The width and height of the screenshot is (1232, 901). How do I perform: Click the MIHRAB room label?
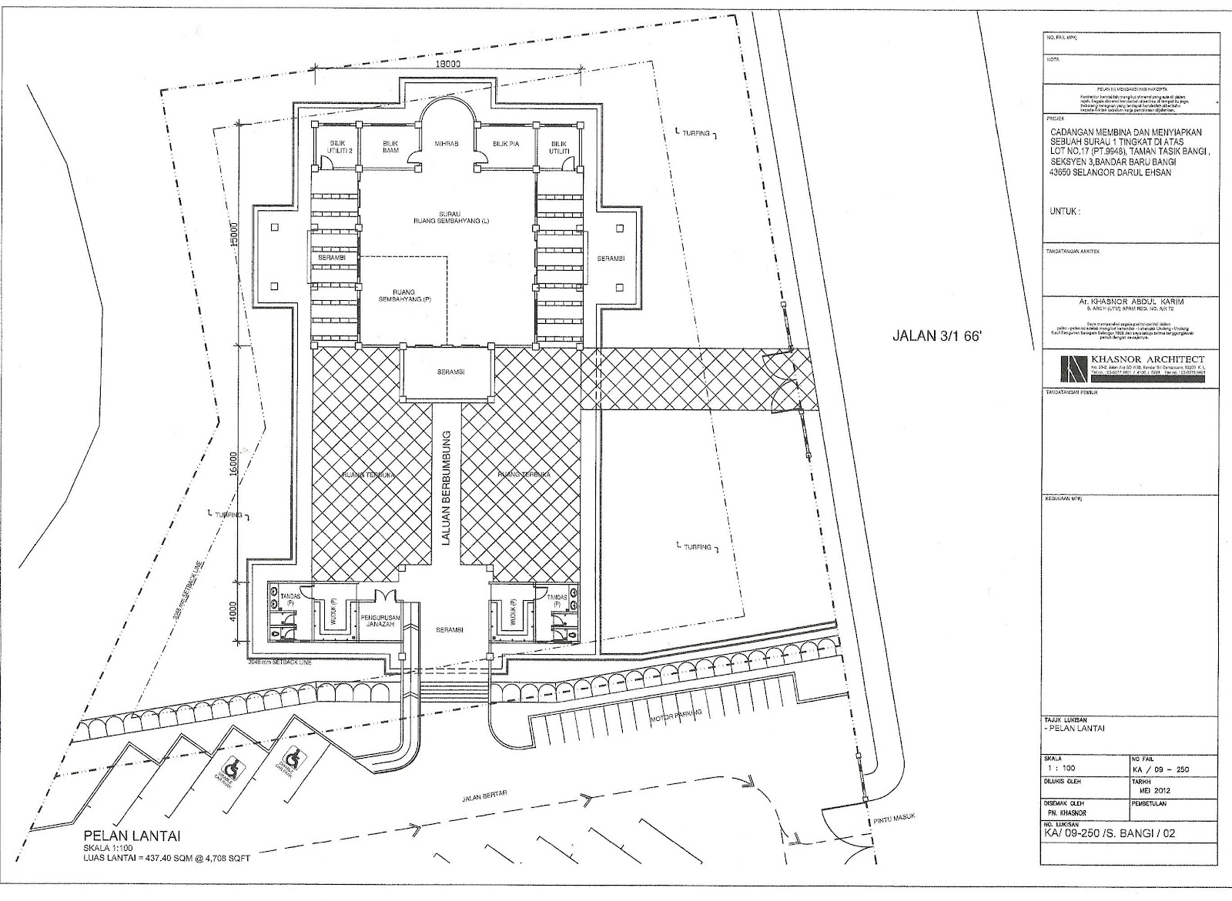tap(447, 144)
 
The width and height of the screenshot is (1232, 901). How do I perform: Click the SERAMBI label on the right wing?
tap(611, 259)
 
